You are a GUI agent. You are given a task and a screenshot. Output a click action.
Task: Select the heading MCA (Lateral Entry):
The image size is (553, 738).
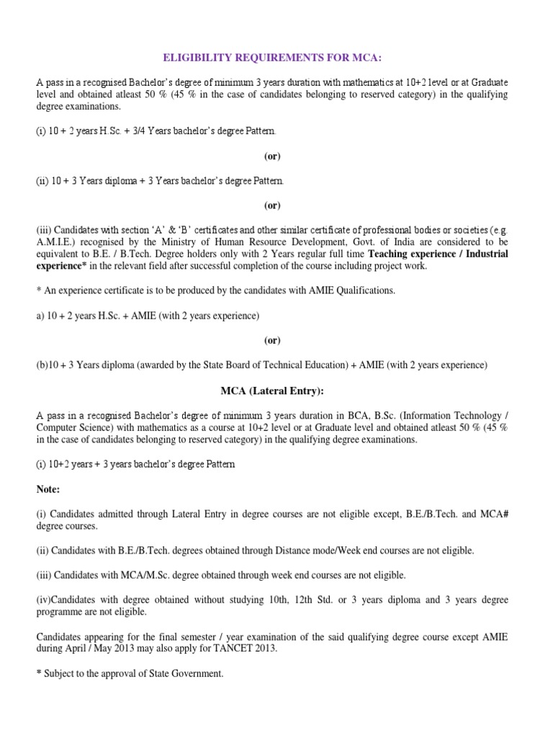(x=271, y=391)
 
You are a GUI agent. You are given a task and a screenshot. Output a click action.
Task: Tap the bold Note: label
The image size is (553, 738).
(x=48, y=489)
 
